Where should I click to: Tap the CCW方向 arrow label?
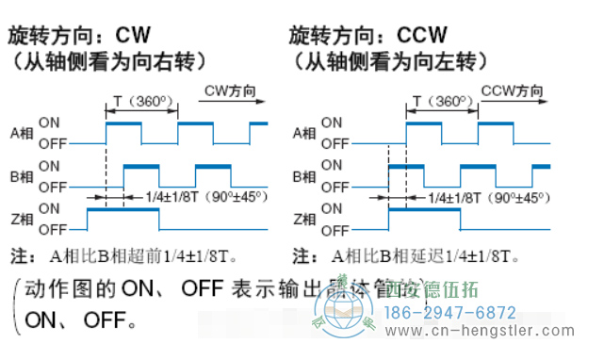(513, 90)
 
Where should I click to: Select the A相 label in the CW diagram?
(20, 134)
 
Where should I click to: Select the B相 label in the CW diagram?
(20, 176)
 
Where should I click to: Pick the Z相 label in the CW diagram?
(20, 219)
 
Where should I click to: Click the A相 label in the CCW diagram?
(303, 134)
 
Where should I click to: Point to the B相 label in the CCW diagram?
(303, 176)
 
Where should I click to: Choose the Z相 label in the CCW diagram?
(303, 219)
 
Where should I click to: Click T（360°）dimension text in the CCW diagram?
(442, 101)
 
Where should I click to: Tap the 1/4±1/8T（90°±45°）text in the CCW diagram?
(487, 198)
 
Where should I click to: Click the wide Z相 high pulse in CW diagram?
(122, 212)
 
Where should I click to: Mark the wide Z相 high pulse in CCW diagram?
(423, 212)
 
